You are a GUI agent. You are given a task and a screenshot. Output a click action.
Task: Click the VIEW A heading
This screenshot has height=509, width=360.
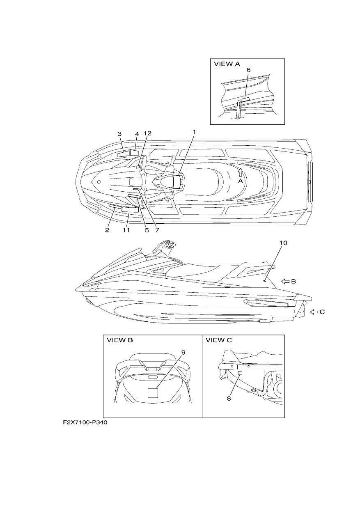227,64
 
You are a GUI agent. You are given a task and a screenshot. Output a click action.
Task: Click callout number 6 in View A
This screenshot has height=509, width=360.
248,70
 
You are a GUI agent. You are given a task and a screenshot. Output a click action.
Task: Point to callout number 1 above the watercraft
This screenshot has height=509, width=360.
194,132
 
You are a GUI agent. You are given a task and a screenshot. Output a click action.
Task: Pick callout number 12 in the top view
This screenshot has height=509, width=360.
147,133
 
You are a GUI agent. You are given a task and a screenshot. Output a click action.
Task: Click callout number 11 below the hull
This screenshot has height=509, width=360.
126,230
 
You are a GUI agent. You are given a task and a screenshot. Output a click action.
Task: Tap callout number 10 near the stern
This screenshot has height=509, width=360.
283,243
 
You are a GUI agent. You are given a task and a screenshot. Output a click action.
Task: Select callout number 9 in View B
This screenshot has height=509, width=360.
183,353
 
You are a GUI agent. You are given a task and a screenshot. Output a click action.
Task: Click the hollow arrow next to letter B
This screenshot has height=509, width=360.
285,281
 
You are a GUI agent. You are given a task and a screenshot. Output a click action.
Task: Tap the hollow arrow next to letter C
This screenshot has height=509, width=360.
314,312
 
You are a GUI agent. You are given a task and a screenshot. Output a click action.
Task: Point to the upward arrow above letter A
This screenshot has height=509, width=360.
240,172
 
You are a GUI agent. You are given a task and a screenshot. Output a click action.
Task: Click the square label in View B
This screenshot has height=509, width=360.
153,393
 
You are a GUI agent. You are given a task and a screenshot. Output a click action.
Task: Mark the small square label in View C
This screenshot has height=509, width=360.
240,373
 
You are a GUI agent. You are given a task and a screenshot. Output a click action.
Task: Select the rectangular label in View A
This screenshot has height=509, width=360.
245,99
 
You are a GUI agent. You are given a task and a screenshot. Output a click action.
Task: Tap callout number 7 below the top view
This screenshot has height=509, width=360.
157,230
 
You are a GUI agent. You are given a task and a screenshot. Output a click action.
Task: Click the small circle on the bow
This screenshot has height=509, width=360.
99,182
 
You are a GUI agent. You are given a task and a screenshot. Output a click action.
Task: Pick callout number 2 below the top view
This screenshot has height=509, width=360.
107,230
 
